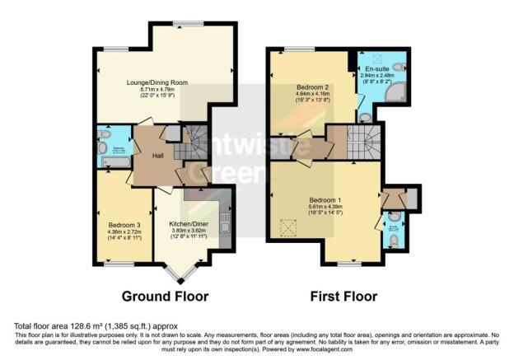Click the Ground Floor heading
(x=165, y=296)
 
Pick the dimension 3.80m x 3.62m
(x=189, y=231)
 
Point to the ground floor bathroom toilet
(x=102, y=148)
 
